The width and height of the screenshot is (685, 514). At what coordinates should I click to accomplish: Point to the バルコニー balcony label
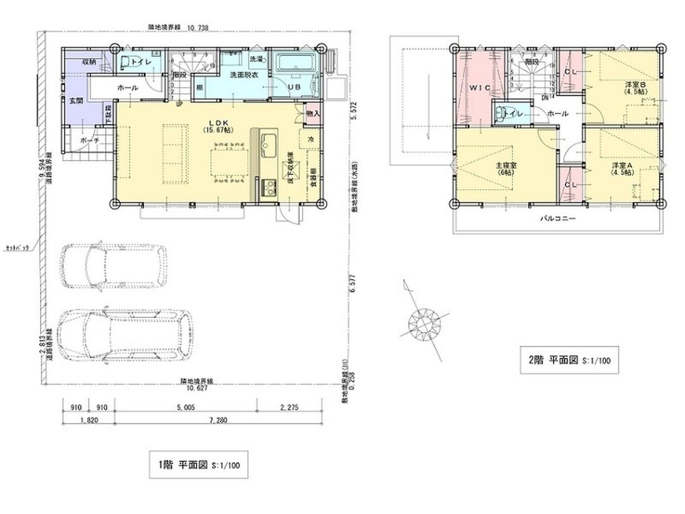click(558, 218)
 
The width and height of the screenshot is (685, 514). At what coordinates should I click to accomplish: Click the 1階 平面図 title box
click(194, 465)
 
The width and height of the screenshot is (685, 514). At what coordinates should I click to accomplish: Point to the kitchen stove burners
click(269, 187)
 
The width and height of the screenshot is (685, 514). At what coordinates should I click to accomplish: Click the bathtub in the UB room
click(297, 63)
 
